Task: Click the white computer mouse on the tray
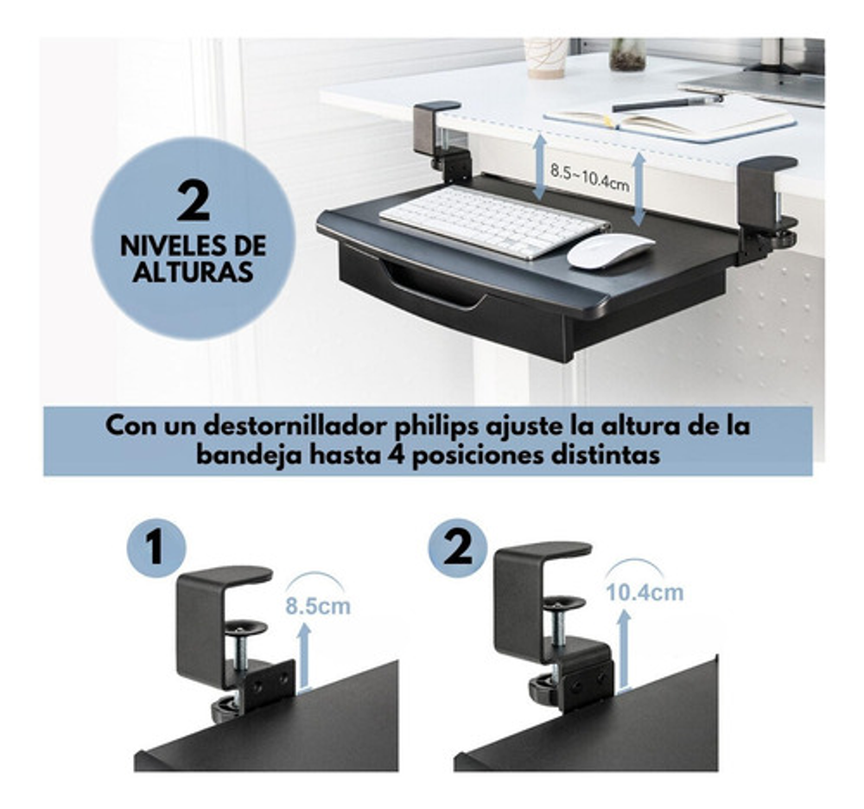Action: [611, 251]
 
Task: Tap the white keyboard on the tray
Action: [494, 220]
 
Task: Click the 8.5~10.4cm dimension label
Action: [589, 176]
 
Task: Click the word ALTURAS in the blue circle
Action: [193, 271]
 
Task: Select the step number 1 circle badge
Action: [156, 549]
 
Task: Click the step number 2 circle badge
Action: [458, 548]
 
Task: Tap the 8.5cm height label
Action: [317, 606]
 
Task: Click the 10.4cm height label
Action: [645, 592]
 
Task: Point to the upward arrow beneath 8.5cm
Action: [303, 656]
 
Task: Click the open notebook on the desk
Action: [669, 123]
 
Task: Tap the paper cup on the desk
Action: [544, 57]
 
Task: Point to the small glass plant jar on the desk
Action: [627, 54]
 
